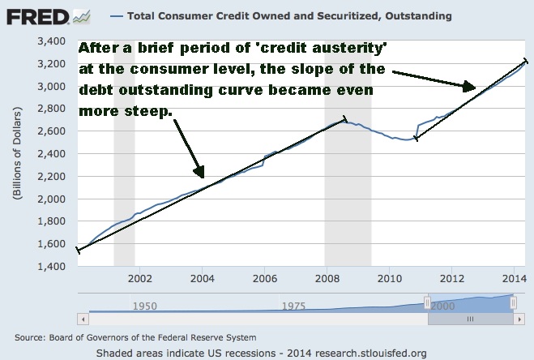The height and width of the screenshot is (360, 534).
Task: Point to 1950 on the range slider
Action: pos(144,307)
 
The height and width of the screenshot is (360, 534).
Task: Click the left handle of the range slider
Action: pos(427,302)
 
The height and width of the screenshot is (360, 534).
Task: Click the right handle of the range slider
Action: pos(513,302)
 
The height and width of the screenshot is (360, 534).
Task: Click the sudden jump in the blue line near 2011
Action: pos(417,131)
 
